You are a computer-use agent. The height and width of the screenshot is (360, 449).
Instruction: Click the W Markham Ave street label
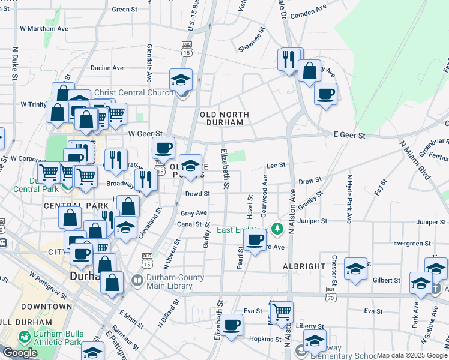click(44, 28)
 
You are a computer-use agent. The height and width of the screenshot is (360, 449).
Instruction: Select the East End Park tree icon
click(277, 229)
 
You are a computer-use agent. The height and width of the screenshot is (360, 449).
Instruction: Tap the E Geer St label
click(349, 136)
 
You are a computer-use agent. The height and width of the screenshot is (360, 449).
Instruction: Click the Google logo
click(20, 353)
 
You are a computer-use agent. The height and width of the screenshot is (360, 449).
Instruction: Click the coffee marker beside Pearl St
click(255, 240)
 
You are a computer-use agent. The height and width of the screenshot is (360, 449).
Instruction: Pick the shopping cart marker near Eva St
click(281, 312)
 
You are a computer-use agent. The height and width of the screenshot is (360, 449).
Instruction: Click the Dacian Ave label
click(107, 68)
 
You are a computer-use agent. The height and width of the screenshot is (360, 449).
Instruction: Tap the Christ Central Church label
click(134, 92)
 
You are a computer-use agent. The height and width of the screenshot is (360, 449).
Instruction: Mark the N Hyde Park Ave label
click(348, 199)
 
